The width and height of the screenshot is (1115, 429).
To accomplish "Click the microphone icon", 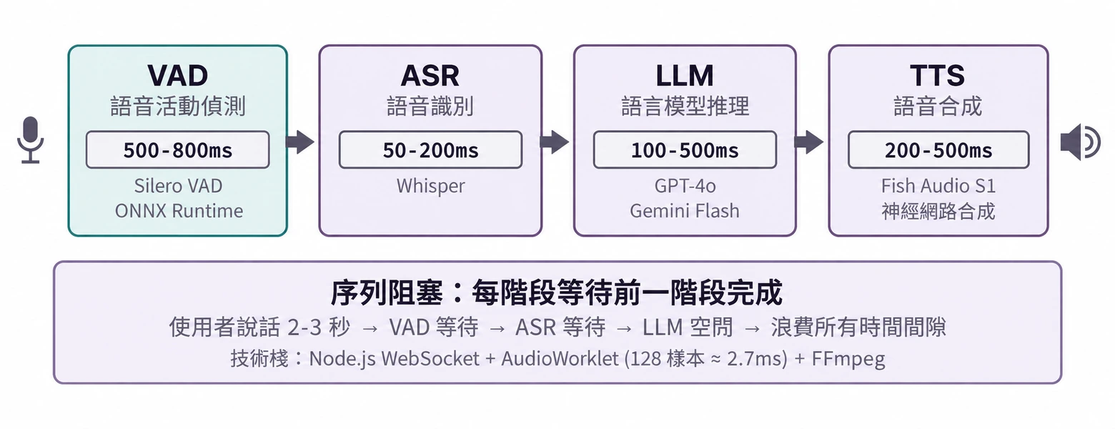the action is [30, 140].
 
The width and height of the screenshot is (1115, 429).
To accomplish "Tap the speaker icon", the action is [1079, 142].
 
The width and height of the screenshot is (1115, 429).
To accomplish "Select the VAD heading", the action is [178, 76].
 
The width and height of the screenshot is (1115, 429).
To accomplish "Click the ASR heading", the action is [430, 76].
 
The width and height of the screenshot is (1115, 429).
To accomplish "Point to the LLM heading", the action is [685, 76].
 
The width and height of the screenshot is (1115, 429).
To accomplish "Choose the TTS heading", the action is [938, 76].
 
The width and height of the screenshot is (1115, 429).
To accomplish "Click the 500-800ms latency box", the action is [178, 150].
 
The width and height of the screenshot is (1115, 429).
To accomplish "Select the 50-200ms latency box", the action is [430, 150].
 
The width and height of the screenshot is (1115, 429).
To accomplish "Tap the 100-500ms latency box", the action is [685, 150].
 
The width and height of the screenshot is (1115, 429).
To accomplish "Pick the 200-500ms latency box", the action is [938, 150].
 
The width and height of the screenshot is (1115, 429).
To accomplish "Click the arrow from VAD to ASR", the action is [299, 142].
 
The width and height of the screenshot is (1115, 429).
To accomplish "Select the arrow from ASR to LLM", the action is [555, 142].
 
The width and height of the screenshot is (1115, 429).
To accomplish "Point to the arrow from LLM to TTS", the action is [809, 142].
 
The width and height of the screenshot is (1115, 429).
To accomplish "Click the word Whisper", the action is [430, 187].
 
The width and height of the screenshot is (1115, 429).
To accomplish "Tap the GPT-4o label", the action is [685, 186].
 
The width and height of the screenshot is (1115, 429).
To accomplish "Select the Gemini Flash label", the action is [685, 210].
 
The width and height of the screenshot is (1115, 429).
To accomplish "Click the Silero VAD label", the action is [178, 186].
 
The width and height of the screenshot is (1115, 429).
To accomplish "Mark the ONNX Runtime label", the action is [179, 210].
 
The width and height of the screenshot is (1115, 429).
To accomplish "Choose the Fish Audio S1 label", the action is [938, 186].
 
